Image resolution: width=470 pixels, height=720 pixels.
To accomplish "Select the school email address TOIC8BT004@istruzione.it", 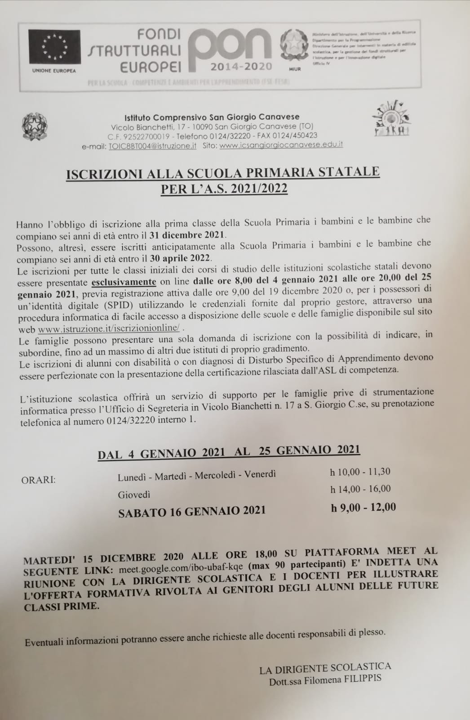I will tap(153, 146).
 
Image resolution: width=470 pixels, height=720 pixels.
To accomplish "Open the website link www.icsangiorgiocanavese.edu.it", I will tap(281, 145).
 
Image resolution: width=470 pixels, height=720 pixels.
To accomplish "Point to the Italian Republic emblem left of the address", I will tap(35, 126).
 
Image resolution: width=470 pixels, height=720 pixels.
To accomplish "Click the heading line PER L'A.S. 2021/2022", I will tap(224, 188).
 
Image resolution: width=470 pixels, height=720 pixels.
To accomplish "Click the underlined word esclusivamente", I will tap(124, 282).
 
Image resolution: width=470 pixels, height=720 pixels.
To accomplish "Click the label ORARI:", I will tap(39, 480).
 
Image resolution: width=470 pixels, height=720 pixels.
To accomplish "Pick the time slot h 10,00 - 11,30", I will tap(360, 472).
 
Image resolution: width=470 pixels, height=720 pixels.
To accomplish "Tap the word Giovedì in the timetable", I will tap(134, 495).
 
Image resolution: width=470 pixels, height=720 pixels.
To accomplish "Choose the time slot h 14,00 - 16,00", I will tap(360, 489).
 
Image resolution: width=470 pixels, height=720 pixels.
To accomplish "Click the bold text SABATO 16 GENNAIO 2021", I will tap(192, 511).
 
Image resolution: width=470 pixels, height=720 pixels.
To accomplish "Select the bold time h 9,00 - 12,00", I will tap(363, 508).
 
